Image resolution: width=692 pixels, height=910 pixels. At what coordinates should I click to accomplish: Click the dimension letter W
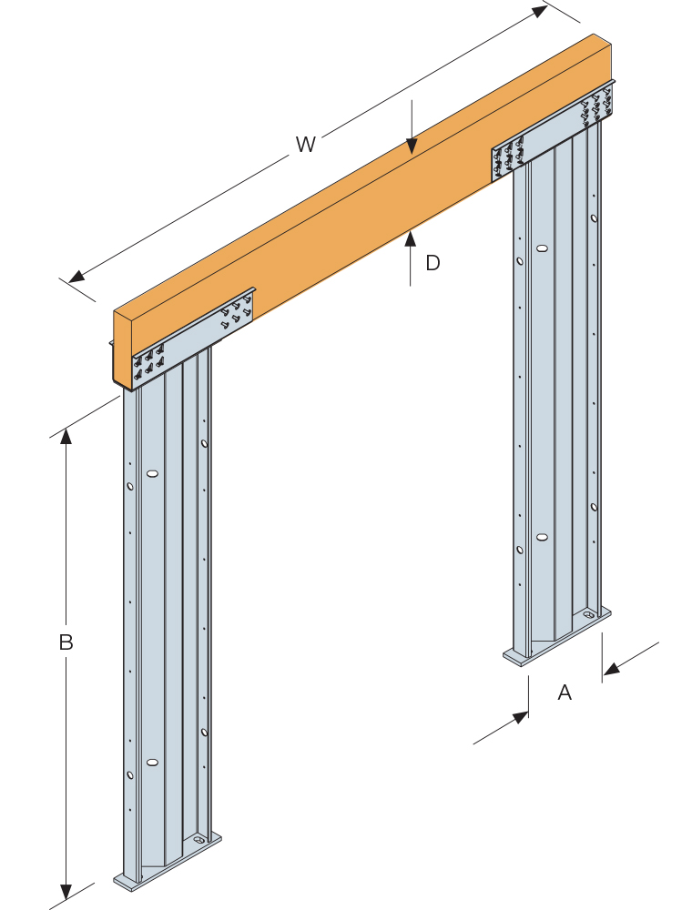(x=306, y=144)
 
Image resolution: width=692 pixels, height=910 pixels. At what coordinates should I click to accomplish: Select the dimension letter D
(x=432, y=263)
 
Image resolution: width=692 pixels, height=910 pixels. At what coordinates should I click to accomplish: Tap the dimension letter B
(x=66, y=642)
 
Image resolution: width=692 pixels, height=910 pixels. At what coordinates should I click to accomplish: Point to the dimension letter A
(x=565, y=693)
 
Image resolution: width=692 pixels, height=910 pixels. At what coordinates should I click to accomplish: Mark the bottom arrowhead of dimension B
(x=66, y=892)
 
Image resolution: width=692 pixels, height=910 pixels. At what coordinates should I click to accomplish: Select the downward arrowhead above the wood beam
(x=412, y=147)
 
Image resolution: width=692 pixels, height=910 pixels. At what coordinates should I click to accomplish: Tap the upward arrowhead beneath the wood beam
(x=411, y=238)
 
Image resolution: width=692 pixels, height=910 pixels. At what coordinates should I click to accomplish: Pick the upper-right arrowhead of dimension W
(x=540, y=10)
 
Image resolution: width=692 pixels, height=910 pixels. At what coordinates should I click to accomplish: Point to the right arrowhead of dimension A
(x=611, y=671)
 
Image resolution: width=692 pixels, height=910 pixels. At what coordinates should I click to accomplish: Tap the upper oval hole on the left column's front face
(x=152, y=474)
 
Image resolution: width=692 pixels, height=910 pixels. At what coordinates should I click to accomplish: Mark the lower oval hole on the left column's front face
(x=152, y=762)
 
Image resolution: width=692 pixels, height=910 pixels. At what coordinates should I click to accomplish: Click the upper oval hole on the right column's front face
(x=542, y=248)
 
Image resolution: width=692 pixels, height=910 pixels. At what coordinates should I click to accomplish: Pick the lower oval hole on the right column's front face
(x=542, y=537)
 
